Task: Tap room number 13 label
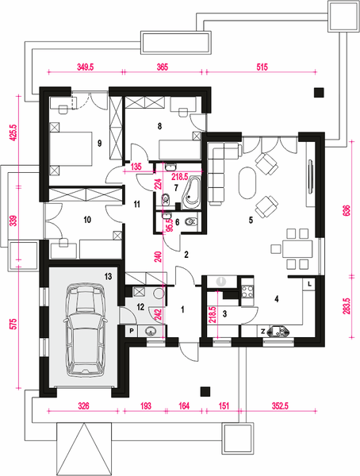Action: pyautogui.click(x=108, y=276)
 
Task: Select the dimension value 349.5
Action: pyautogui.click(x=86, y=67)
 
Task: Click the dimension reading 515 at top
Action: pyautogui.click(x=262, y=67)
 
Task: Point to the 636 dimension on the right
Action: pyautogui.click(x=347, y=210)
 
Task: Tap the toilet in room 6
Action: pyautogui.click(x=190, y=222)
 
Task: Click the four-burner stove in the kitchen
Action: pyautogui.click(x=247, y=291)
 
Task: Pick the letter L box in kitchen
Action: pyautogui.click(x=309, y=284)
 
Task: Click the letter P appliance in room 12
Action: pyautogui.click(x=132, y=331)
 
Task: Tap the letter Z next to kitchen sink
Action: pyautogui.click(x=263, y=332)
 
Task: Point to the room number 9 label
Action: pyautogui.click(x=100, y=144)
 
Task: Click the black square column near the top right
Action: pyautogui.click(x=319, y=92)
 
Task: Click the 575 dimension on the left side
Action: pyautogui.click(x=13, y=324)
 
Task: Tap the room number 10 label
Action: pyautogui.click(x=87, y=219)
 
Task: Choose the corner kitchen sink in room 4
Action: pyautogui.click(x=278, y=331)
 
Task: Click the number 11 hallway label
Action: pyautogui.click(x=137, y=204)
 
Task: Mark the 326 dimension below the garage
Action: pyautogui.click(x=83, y=406)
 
